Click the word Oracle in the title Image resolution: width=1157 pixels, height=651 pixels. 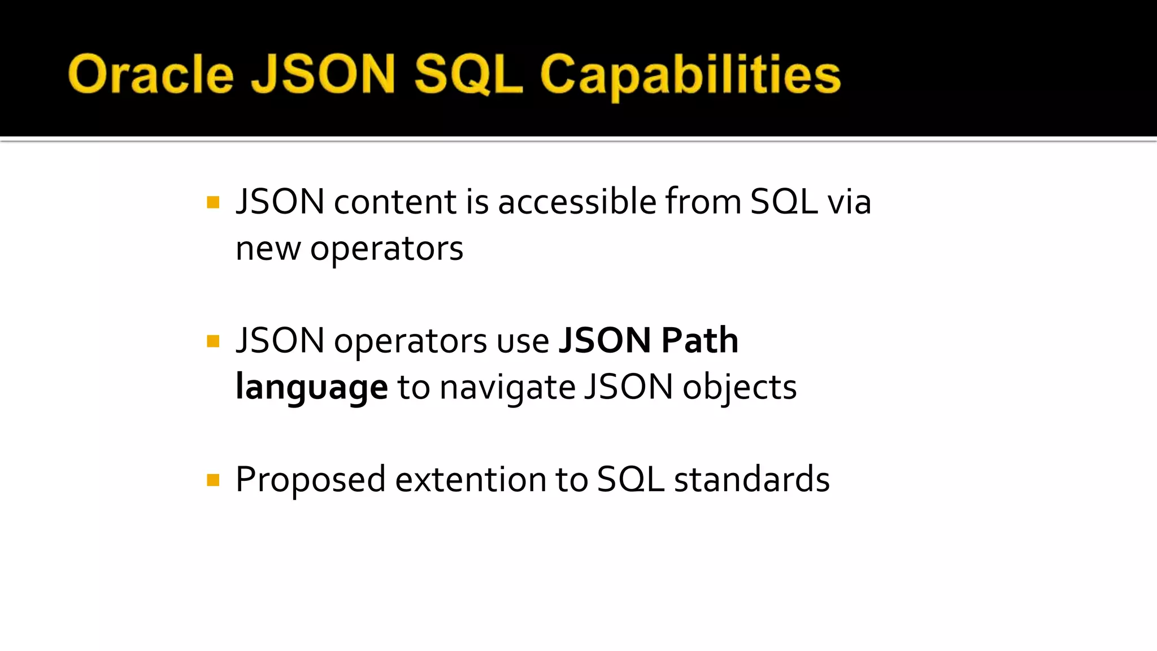[x=150, y=74]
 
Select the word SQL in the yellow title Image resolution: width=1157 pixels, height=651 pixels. [x=468, y=74]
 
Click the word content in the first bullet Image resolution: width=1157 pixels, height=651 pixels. [x=395, y=202]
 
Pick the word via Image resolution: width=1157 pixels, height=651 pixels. [x=849, y=202]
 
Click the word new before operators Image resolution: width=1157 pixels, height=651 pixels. [x=268, y=249]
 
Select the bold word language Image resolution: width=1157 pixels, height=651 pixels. [x=311, y=388]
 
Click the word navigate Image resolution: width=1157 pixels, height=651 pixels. [x=507, y=388]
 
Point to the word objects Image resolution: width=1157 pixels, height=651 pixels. [x=740, y=388]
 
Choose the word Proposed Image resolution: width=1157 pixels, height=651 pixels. [x=310, y=480]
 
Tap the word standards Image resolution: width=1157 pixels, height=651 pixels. [x=751, y=479]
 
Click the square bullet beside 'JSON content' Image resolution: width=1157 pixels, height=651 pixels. [x=213, y=202]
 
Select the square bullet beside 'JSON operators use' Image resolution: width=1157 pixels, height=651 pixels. [x=213, y=341]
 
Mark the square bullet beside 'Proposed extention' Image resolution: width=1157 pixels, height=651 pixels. [x=213, y=480]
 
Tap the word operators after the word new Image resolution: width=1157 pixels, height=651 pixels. [x=386, y=249]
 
